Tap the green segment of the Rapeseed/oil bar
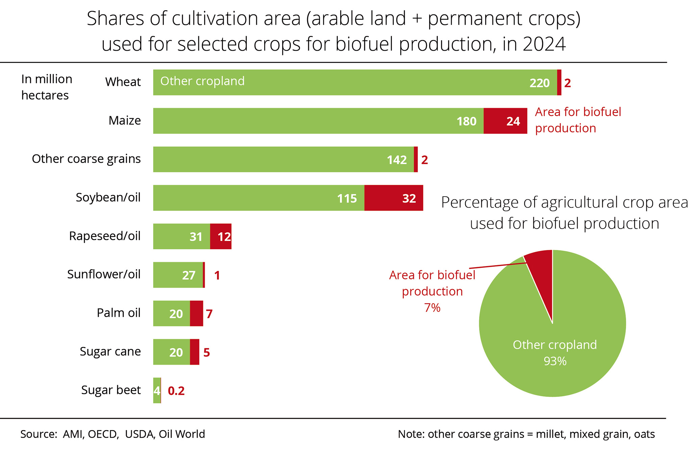pos(181,236)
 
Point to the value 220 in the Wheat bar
pos(540,83)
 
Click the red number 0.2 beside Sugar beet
pos(176,391)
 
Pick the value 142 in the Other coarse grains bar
pos(397,160)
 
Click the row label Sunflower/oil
pos(104,274)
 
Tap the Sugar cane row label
pos(110,351)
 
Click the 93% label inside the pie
pos(555,361)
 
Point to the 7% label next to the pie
pos(432,308)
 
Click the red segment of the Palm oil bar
pos(196,313)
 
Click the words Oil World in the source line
pos(182,434)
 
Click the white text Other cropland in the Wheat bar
pos(202,81)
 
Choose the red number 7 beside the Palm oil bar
pos(209,314)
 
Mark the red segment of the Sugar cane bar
pos(194,352)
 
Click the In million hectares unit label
pos(47,87)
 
